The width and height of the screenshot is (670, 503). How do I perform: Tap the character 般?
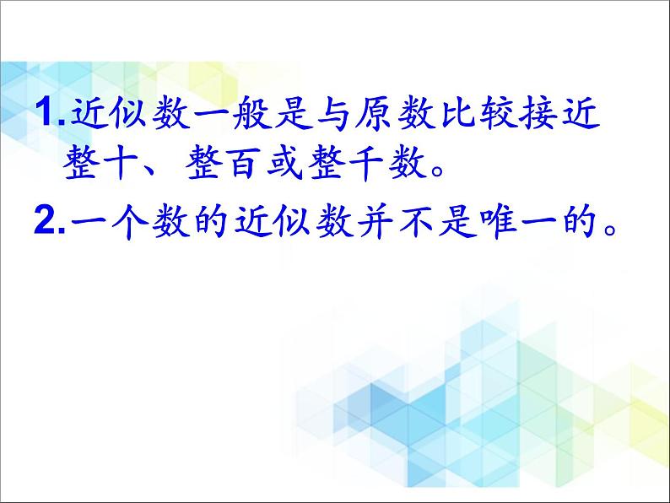251,112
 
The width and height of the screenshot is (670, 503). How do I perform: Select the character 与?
333,113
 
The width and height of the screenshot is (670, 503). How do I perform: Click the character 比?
457,113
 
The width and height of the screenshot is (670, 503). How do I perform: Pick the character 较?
498,113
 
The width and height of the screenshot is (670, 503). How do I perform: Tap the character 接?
539,113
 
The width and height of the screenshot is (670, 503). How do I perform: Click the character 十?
120,163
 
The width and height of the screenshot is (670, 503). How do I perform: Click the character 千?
366,163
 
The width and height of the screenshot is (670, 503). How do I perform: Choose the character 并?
376,222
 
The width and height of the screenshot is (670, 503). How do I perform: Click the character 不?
417,222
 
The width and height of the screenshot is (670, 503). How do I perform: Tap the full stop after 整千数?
438,171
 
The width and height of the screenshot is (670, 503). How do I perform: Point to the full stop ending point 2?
611,230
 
